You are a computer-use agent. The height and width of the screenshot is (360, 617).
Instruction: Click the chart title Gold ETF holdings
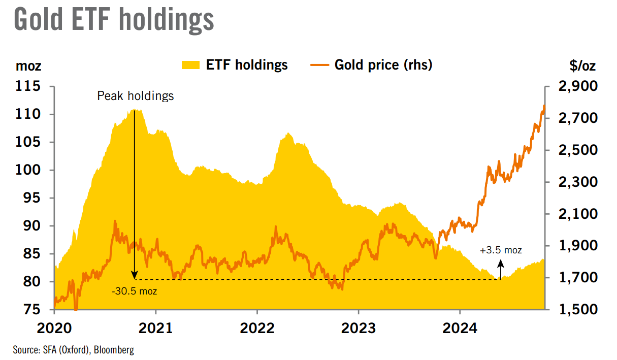[x=114, y=20]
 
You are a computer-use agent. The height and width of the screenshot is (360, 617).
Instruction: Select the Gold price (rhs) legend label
[x=383, y=65]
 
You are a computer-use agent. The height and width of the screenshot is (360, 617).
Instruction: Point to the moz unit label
[x=29, y=66]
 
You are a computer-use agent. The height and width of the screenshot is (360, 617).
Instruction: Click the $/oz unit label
[x=583, y=66]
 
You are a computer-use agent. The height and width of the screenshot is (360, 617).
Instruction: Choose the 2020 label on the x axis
[x=54, y=329]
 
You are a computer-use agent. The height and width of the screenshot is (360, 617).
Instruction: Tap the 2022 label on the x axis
[x=257, y=329]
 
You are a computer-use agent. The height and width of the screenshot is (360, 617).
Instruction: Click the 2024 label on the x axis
[x=460, y=329]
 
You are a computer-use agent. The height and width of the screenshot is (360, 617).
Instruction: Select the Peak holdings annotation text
[x=135, y=96]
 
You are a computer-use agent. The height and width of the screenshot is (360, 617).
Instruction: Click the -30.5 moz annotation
[x=135, y=291]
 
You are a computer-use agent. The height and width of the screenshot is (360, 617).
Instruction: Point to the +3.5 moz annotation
[x=501, y=250]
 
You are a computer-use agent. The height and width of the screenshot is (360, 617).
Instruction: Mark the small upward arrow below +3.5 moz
[x=501, y=269]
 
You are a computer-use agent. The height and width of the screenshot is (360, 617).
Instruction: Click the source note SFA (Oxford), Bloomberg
[x=73, y=350]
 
